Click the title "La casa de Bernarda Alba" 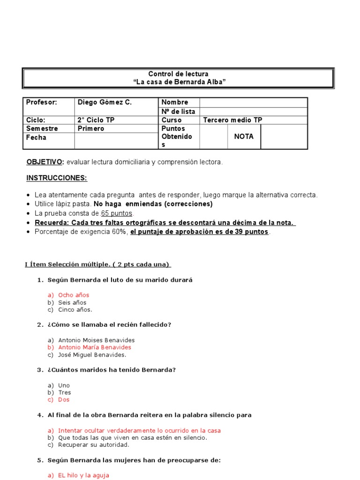[x=179, y=82]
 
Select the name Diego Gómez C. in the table [x=105, y=102]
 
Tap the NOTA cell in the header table [x=244, y=136]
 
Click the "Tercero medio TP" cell [x=232, y=120]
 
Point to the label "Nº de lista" [x=178, y=112]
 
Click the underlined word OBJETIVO [x=45, y=162]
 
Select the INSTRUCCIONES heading [x=57, y=178]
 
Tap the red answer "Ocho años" [x=74, y=295]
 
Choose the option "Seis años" [x=72, y=302]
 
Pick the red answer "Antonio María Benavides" [x=95, y=347]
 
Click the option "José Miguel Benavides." [x=92, y=355]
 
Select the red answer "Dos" [x=64, y=400]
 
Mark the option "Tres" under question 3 [x=65, y=392]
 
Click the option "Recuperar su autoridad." [x=93, y=445]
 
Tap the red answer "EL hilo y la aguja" [x=83, y=475]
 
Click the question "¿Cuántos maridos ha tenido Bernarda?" [x=112, y=370]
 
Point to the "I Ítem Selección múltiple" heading [x=97, y=264]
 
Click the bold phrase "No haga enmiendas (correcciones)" [x=153, y=204]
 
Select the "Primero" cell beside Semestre [x=91, y=128]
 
